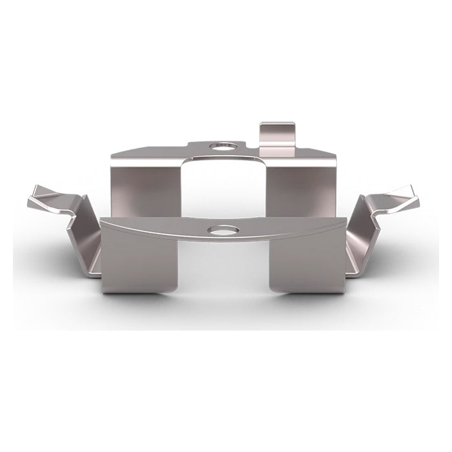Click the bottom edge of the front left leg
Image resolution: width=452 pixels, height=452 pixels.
[x=139, y=293]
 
